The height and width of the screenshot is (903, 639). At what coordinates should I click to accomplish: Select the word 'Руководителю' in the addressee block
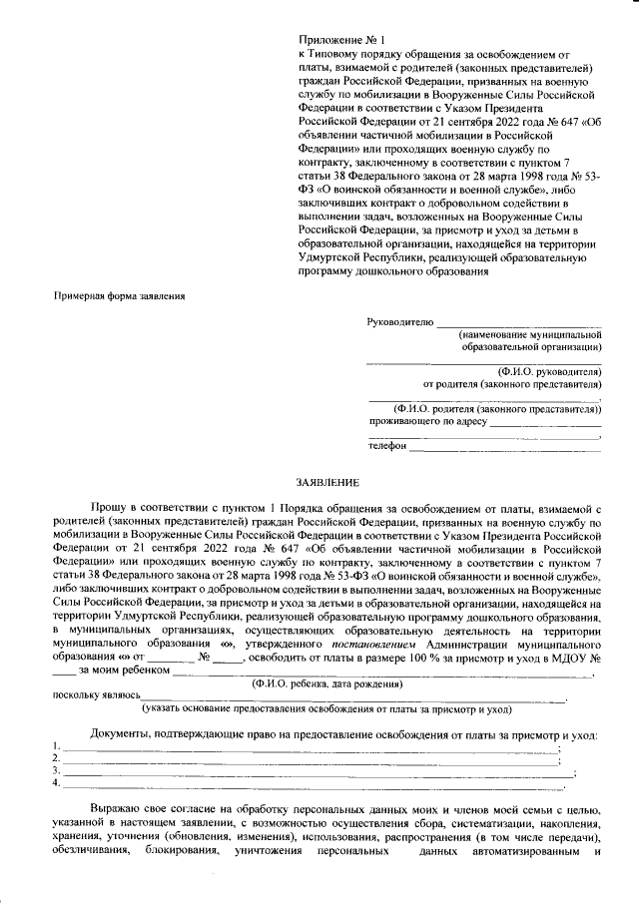tap(399, 322)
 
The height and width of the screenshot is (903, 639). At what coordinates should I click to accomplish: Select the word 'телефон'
tap(387, 445)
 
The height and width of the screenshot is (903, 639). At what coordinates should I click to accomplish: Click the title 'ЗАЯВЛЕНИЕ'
tap(319, 481)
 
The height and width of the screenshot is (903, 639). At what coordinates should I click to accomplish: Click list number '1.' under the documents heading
tap(55, 747)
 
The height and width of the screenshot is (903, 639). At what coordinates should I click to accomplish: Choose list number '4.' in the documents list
tap(55, 783)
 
